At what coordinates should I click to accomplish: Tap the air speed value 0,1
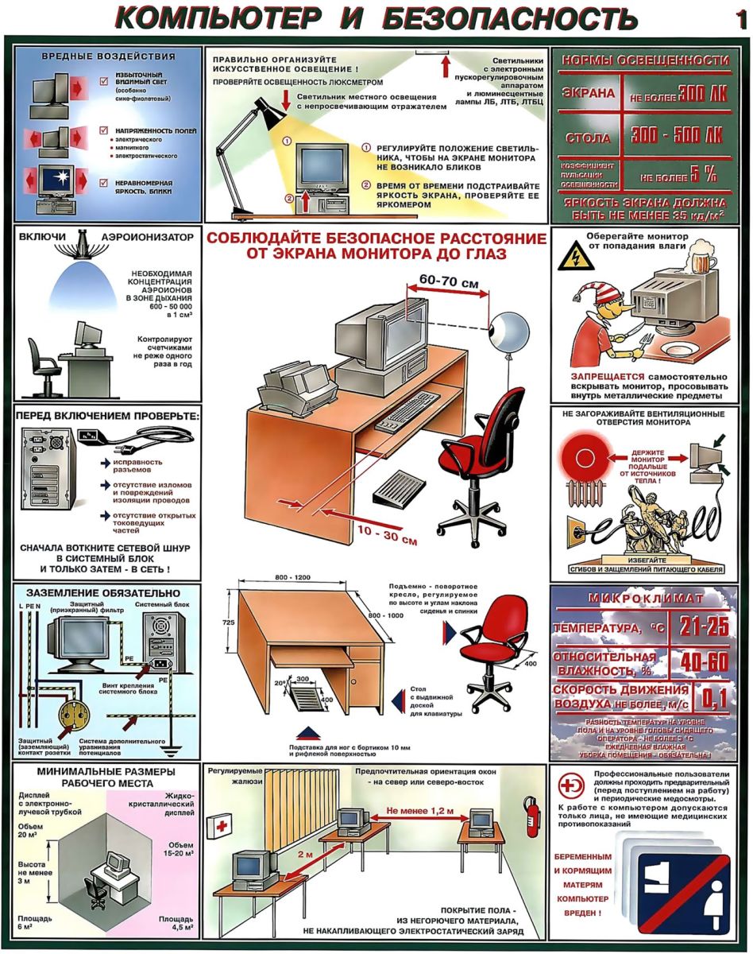pyautogui.click(x=713, y=698)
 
